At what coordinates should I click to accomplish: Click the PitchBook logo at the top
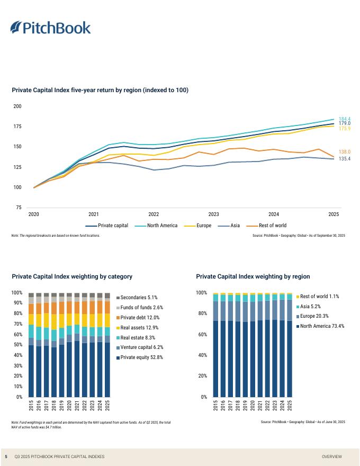51,28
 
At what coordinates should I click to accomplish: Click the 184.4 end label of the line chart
344,119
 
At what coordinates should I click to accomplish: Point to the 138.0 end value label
344,152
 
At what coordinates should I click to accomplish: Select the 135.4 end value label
344,159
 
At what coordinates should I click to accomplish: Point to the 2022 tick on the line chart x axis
154,214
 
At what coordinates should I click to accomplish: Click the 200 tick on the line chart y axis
17,106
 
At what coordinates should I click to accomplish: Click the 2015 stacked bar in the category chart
31,345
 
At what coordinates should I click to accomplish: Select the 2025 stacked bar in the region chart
290,345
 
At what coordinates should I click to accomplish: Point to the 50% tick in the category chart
17,345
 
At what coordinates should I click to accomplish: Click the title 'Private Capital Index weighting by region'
253,276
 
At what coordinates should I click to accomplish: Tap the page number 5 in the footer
6,456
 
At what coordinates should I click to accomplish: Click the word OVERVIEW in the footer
331,456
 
